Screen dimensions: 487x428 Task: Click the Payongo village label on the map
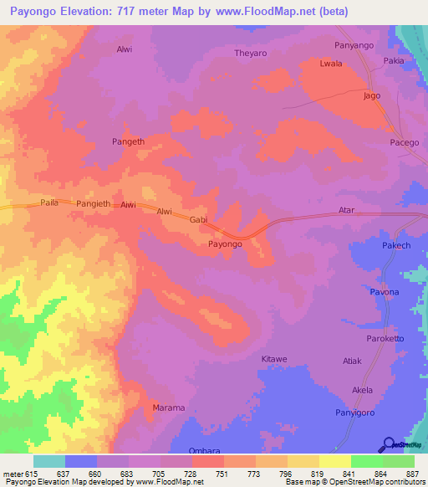click(x=225, y=244)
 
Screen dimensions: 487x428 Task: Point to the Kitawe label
click(x=274, y=359)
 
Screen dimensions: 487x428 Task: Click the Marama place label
click(x=168, y=408)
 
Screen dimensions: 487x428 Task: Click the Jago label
click(x=372, y=95)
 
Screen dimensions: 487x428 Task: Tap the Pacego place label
click(x=405, y=142)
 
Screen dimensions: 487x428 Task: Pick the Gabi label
click(x=198, y=219)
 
